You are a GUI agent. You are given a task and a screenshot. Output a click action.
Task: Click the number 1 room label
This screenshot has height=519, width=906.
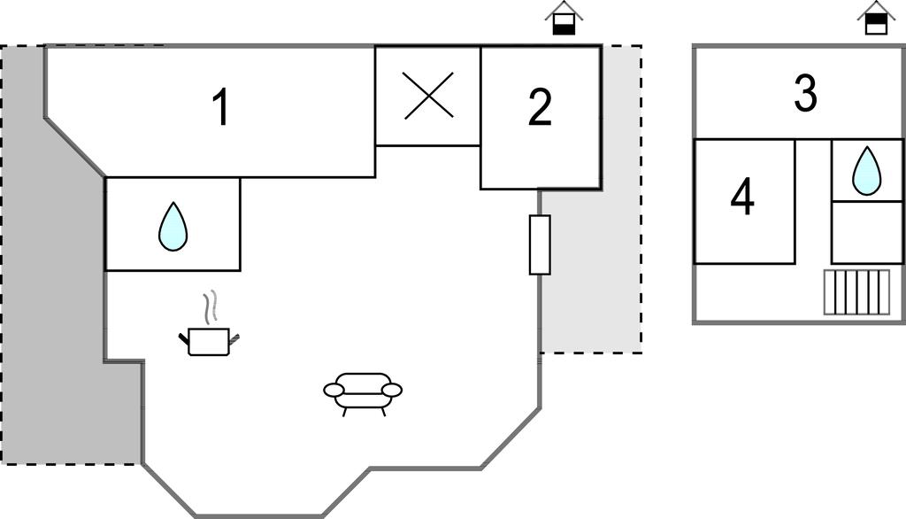click(x=221, y=109)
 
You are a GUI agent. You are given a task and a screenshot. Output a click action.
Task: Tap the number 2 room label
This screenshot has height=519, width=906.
click(x=540, y=108)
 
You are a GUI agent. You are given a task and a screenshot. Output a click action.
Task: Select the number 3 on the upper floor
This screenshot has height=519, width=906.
click(x=804, y=95)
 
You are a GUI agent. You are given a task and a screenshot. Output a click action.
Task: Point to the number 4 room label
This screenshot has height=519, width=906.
click(x=742, y=198)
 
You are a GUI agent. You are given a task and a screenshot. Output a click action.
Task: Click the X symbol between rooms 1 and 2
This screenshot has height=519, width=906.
click(x=428, y=96)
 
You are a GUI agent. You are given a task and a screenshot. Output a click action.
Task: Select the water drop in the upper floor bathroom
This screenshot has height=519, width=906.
click(x=866, y=171)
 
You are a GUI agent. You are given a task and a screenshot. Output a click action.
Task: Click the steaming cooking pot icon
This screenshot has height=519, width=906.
click(x=209, y=340)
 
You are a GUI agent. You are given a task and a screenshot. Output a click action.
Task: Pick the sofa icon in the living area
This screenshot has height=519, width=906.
click(x=363, y=391)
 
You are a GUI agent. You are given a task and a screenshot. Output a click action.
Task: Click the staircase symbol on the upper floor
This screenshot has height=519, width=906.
click(x=856, y=292)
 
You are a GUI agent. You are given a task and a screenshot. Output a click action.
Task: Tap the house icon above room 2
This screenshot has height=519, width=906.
click(x=564, y=19)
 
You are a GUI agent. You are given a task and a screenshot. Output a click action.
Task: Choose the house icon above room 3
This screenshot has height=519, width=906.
click(x=875, y=19)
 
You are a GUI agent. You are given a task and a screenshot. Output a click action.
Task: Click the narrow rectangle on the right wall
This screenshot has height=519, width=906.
click(x=540, y=244)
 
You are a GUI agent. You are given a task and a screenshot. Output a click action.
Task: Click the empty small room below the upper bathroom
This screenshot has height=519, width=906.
click(x=866, y=232)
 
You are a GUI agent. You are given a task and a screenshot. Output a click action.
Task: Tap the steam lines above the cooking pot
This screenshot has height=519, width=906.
click(x=210, y=308)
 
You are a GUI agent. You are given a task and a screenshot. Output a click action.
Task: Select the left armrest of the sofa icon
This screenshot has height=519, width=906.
click(x=334, y=390)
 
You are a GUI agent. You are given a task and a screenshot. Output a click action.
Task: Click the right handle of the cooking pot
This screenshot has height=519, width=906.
click(x=234, y=337)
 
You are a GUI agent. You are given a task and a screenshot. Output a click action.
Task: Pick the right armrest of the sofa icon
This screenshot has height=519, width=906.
click(x=392, y=390)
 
